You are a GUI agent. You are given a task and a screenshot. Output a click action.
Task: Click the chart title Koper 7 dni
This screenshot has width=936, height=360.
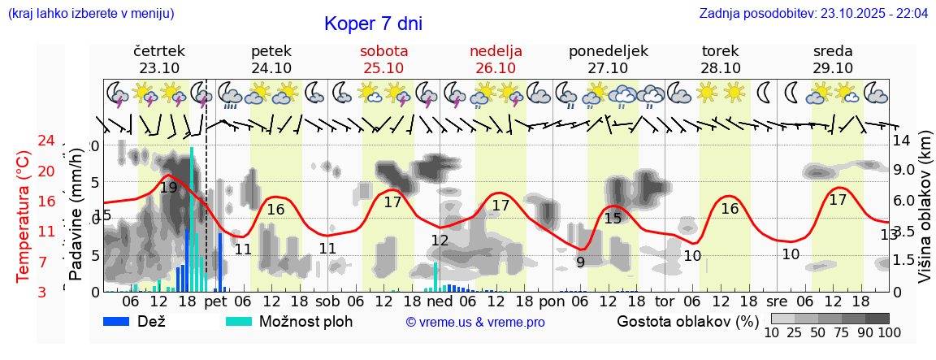click(373, 24)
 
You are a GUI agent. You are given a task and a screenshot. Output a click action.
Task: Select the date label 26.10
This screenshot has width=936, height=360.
click(496, 68)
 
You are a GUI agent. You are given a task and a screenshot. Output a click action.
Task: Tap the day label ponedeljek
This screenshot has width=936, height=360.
click(608, 51)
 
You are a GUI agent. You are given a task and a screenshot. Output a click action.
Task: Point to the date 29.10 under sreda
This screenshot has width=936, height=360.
click(833, 68)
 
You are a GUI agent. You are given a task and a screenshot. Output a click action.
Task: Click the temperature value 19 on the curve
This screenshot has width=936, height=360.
click(168, 188)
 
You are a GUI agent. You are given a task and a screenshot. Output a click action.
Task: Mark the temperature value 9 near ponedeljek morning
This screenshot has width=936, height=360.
click(580, 262)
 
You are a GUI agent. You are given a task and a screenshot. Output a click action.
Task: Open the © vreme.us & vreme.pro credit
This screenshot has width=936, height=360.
click(475, 322)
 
